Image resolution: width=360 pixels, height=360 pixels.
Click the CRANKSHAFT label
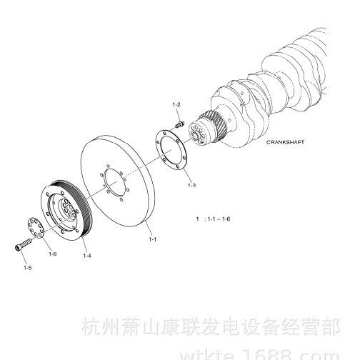[x=285, y=142]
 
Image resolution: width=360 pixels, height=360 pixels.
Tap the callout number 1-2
[x=176, y=104]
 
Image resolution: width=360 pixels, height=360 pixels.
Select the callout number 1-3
[x=191, y=185]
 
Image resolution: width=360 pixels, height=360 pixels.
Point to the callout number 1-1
[x=153, y=239]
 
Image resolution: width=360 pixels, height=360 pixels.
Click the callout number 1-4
[x=87, y=256]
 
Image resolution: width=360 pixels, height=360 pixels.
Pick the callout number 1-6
[x=53, y=254]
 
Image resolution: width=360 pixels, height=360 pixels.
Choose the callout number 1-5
[x=27, y=268]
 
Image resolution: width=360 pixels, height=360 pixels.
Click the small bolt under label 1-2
[x=179, y=124]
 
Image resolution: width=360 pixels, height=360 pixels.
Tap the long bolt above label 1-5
[x=23, y=245]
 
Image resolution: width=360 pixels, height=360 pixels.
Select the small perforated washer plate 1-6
[x=35, y=228]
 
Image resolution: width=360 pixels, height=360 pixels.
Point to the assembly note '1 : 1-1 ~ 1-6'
[x=213, y=219]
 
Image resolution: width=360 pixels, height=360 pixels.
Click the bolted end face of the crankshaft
[x=197, y=135]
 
